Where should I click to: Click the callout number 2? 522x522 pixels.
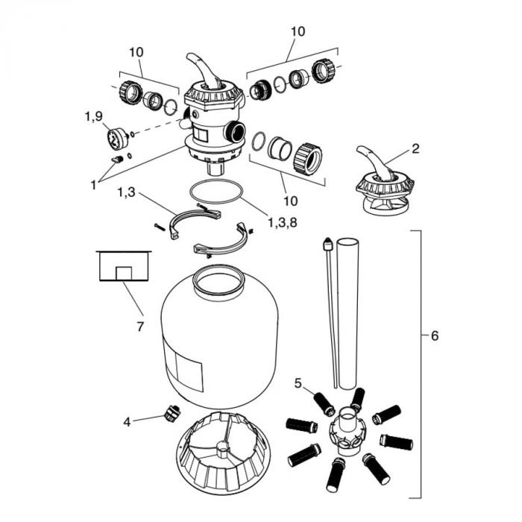click(415, 148)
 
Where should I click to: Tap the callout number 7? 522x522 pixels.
click(139, 327)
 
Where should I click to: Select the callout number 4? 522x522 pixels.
click(128, 421)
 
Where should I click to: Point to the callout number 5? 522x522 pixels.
click(298, 384)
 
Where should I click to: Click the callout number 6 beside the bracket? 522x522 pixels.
click(434, 336)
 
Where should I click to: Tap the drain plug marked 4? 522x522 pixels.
click(170, 412)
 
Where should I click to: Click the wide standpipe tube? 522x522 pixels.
click(348, 313)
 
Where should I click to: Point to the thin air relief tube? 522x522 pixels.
click(330, 313)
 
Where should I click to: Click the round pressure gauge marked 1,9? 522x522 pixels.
click(115, 139)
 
